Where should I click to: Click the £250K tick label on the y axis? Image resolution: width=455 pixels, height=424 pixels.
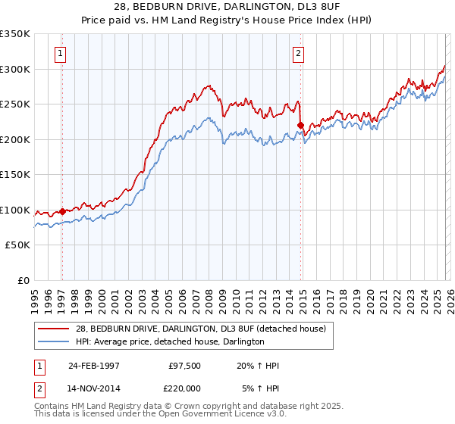click(x=15, y=104)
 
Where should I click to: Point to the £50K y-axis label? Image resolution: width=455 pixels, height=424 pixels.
click(x=17, y=245)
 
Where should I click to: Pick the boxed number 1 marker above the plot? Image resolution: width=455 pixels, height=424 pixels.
click(x=60, y=53)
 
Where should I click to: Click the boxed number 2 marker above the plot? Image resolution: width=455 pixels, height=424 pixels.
click(x=299, y=53)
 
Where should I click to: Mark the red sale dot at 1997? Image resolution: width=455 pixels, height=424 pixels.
click(x=62, y=212)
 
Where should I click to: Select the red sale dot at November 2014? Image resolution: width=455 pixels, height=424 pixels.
click(x=301, y=126)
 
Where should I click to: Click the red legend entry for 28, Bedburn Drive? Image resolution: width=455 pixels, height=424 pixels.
click(x=200, y=329)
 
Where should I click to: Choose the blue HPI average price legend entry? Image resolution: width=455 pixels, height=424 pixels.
click(x=169, y=341)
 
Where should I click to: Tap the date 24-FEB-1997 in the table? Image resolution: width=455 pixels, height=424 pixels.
click(x=94, y=366)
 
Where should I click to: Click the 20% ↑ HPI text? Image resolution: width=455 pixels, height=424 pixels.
click(x=258, y=366)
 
